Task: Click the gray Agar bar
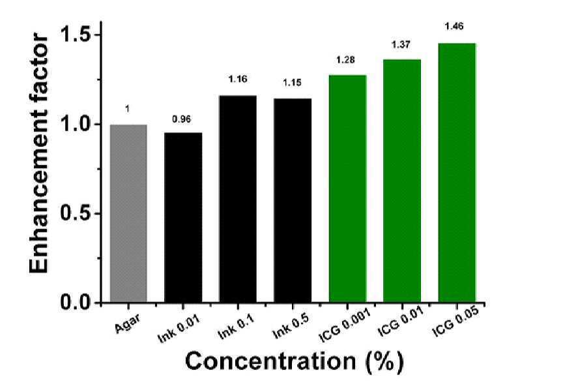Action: pos(128,213)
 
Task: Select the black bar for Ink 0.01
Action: pos(183,217)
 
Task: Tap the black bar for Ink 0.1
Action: pos(238,199)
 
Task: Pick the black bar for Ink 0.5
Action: pos(293,200)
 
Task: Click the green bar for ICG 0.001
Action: pos(347,188)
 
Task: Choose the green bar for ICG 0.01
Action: pos(402,181)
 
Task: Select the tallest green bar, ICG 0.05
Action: pos(457,173)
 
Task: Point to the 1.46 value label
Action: pos(454,26)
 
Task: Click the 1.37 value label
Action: pos(401,44)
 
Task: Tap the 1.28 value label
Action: pos(345,59)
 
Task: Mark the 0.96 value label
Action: pos(181,119)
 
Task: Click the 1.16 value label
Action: pos(238,79)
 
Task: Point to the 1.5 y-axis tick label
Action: pos(76,35)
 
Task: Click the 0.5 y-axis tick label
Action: pos(76,213)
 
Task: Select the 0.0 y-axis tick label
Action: pos(76,303)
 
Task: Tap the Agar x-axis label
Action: pos(128,323)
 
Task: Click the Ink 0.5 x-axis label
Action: pos(291,326)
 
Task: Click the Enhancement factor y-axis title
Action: pos(38,154)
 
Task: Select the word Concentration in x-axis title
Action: pos(270,361)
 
